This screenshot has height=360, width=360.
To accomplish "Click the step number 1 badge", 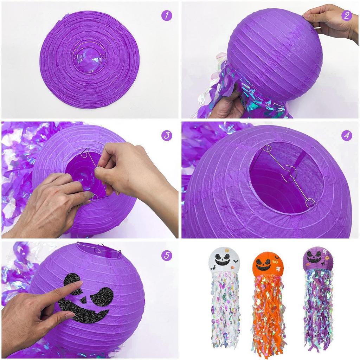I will coord(167,15).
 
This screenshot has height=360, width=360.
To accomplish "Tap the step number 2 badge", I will coord(346,15).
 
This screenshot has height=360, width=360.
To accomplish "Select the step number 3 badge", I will coord(167,135).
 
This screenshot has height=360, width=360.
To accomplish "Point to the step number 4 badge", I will coord(346,135).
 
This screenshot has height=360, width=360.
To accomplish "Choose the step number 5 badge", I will coord(167,255).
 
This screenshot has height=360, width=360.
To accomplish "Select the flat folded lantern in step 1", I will coord(90,60).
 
